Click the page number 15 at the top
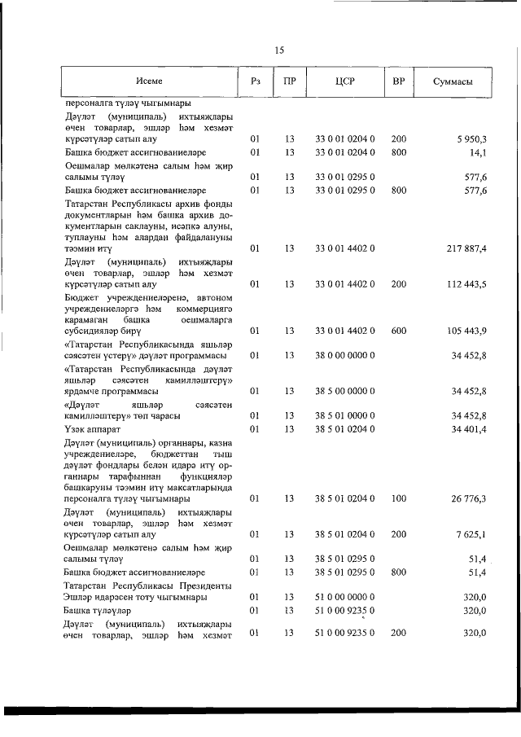point(278,50)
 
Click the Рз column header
point(255,81)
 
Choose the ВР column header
point(398,81)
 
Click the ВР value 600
point(398,331)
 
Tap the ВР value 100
point(398,498)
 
